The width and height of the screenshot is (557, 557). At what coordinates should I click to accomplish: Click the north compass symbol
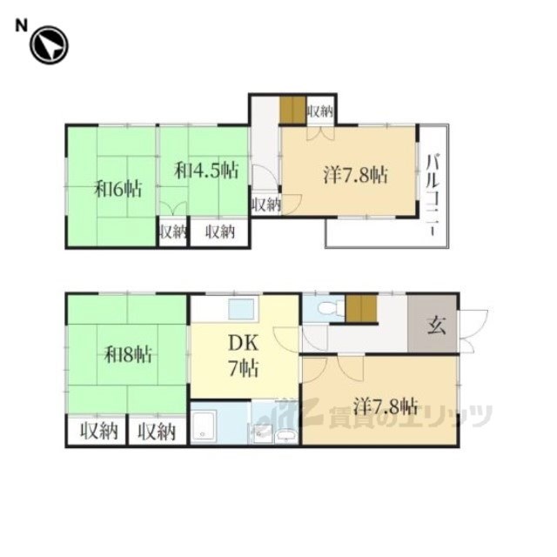click(49, 45)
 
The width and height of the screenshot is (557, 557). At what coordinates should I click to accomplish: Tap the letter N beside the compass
click(21, 25)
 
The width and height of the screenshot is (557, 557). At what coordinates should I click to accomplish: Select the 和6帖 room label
click(118, 189)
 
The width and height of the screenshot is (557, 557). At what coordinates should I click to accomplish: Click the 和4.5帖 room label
click(206, 171)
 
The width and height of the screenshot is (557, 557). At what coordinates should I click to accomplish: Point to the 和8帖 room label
click(128, 354)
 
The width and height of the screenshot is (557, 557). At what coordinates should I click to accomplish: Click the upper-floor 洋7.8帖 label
click(355, 175)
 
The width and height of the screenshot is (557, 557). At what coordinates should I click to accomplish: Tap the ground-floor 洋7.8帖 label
click(386, 406)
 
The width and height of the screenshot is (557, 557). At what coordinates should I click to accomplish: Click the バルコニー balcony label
click(433, 195)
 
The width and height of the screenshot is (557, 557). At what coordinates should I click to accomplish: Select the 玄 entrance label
click(436, 325)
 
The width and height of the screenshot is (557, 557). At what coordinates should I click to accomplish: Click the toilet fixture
click(332, 307)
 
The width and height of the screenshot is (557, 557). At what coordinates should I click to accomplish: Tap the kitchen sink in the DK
click(241, 309)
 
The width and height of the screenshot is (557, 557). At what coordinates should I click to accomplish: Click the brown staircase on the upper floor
click(293, 111)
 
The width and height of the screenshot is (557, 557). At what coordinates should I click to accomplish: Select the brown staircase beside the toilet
click(361, 309)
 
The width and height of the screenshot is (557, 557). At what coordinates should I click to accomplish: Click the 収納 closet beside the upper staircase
click(320, 112)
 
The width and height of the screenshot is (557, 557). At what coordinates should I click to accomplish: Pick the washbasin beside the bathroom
click(287, 435)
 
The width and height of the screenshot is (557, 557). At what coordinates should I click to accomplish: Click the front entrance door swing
click(473, 331)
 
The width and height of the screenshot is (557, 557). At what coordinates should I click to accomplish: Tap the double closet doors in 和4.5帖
click(173, 208)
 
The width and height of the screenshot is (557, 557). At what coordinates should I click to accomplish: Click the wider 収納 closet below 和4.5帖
click(220, 232)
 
